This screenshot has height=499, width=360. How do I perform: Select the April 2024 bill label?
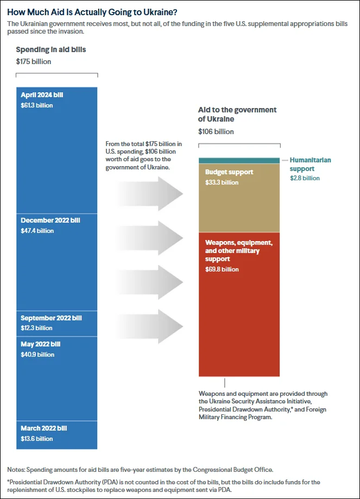pyautogui.click(x=42, y=95)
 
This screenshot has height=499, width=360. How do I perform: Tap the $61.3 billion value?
pyautogui.click(x=37, y=105)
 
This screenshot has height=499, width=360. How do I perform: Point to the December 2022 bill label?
pyautogui.click(x=50, y=220)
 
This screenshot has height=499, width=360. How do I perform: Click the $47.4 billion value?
pyautogui.click(x=37, y=231)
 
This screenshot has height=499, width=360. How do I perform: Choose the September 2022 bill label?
pyautogui.click(x=51, y=318)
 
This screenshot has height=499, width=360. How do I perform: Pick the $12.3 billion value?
pyautogui.click(x=36, y=328)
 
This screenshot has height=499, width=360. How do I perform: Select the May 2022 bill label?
pyautogui.click(x=41, y=344)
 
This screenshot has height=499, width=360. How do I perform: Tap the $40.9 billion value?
pyautogui.click(x=37, y=355)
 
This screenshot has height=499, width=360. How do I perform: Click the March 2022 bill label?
pyautogui.click(x=44, y=428)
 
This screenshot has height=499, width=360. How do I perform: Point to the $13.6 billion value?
pyautogui.click(x=37, y=439)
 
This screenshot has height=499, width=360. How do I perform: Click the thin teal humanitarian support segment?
pyautogui.click(x=239, y=160)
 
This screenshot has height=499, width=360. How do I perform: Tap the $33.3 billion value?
pyautogui.click(x=222, y=182)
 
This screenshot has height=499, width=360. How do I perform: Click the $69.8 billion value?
pyautogui.click(x=222, y=269)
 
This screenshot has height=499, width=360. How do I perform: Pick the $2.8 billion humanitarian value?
pyautogui.click(x=305, y=178)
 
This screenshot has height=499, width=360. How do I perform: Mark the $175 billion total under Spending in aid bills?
pyautogui.click(x=34, y=61)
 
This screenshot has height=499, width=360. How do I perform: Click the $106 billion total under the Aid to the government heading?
pyautogui.click(x=216, y=131)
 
